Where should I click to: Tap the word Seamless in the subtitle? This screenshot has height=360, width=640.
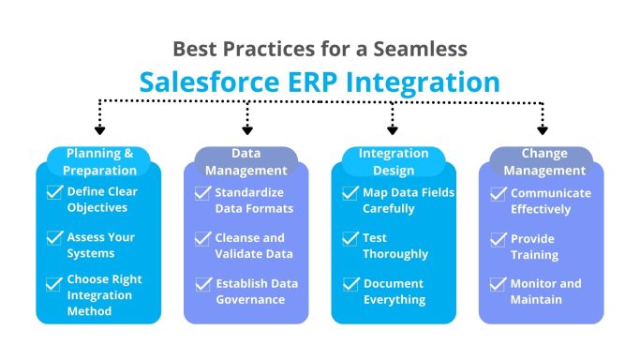[428, 49]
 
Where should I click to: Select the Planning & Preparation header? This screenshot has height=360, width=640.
[99, 162]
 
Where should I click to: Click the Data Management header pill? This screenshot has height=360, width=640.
[246, 162]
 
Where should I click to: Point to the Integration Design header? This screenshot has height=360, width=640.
[394, 162]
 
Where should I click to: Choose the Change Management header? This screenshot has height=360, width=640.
[542, 162]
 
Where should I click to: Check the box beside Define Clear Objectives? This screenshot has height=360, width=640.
[55, 193]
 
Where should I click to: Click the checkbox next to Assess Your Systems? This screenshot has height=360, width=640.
[55, 238]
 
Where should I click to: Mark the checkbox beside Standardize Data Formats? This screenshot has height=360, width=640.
[202, 193]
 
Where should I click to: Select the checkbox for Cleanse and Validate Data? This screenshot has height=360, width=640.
[202, 238]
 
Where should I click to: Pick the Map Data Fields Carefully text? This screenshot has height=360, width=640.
[409, 201]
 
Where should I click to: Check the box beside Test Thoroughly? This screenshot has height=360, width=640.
[350, 238]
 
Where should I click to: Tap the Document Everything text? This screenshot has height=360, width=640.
[394, 291]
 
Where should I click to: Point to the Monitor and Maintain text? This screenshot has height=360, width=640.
[545, 291]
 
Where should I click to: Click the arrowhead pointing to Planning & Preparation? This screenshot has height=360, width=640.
[99, 130]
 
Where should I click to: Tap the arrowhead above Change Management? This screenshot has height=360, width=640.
[542, 130]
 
